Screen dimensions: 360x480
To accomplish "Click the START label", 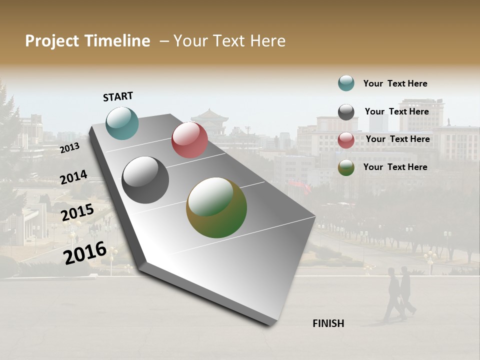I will pyautogui.click(x=118, y=96).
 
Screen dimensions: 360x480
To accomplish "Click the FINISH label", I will pyautogui.click(x=328, y=323).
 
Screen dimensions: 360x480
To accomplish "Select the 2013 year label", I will pyautogui.click(x=69, y=147).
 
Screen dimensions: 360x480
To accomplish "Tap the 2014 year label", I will pyautogui.click(x=73, y=177).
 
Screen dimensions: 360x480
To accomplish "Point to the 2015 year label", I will pyautogui.click(x=77, y=212).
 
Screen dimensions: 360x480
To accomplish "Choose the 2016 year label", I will pyautogui.click(x=85, y=252).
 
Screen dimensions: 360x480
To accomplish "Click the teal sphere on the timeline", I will pyautogui.click(x=122, y=123).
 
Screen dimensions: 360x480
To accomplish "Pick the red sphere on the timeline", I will pyautogui.click(x=189, y=139).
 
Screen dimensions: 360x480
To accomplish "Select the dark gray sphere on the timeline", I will pyautogui.click(x=145, y=180).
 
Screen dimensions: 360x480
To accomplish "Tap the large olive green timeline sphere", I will pyautogui.click(x=216, y=207).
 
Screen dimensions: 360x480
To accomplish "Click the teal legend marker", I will pyautogui.click(x=346, y=83).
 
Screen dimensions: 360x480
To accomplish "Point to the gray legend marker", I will pyautogui.click(x=346, y=112).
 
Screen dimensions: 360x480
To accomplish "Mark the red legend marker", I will pyautogui.click(x=346, y=140).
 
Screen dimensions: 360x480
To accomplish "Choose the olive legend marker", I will pyautogui.click(x=346, y=167).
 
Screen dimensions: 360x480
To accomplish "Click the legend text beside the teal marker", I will pyautogui.click(x=395, y=83).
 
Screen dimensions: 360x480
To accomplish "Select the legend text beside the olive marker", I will pyautogui.click(x=395, y=167).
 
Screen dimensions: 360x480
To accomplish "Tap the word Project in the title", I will pyautogui.click(x=52, y=41).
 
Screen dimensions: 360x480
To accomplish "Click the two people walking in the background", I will pyautogui.click(x=399, y=294).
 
